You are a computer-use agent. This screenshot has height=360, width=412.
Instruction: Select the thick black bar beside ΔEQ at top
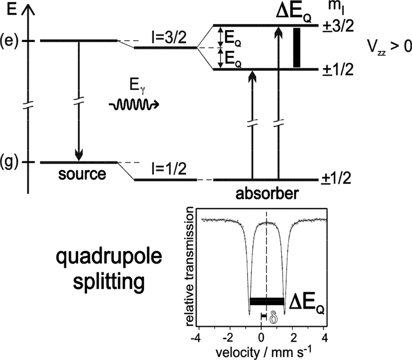tap(297, 47)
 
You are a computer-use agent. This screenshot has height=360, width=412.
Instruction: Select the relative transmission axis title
tap(187, 266)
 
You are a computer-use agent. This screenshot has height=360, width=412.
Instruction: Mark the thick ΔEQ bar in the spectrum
tap(267, 301)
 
